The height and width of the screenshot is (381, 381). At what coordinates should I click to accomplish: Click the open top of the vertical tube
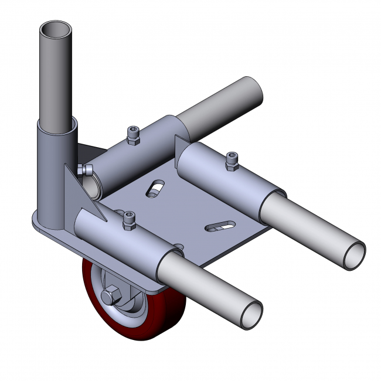(x=56, y=28)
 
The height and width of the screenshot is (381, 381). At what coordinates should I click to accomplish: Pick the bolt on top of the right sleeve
(x=232, y=161)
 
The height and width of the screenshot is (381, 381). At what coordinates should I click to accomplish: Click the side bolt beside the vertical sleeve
(x=86, y=171)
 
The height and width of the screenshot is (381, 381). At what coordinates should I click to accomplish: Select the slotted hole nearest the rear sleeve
(x=156, y=189)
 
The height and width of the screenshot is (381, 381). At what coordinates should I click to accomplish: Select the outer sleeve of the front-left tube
(x=129, y=243)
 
